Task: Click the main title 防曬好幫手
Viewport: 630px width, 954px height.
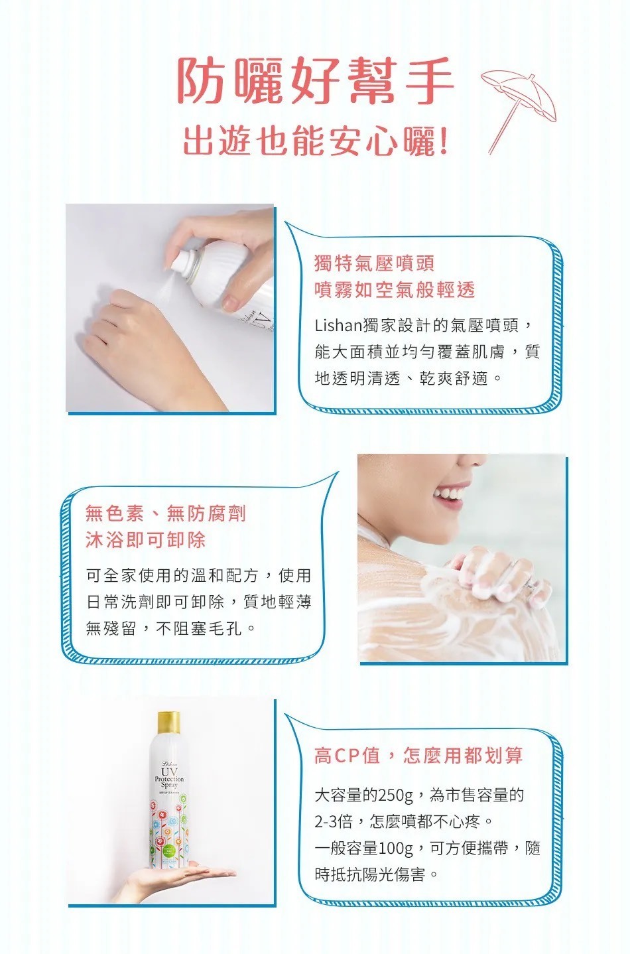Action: point(314,80)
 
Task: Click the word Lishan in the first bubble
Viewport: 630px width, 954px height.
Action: point(338,326)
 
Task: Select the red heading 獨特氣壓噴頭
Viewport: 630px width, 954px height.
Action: point(374,263)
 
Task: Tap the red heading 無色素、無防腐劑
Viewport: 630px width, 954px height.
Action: point(166,513)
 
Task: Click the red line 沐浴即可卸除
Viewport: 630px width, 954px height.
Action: point(146,539)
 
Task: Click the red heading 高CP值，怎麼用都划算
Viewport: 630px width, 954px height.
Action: point(418,756)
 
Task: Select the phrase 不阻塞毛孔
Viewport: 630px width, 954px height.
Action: point(199,628)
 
